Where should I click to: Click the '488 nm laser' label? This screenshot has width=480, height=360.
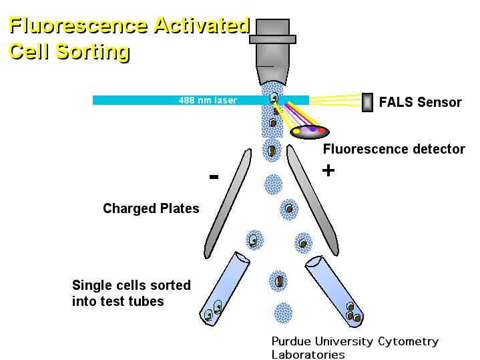click(208, 100)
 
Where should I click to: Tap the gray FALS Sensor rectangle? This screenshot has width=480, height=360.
click(367, 102)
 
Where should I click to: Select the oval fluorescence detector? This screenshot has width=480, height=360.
click(309, 132)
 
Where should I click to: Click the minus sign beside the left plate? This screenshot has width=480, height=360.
click(214, 176)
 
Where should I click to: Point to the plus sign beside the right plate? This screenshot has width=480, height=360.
click(328, 170)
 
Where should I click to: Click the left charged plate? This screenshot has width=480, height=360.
click(228, 204)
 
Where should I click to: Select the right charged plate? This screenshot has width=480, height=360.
click(312, 200)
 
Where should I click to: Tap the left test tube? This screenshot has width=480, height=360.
click(225, 289)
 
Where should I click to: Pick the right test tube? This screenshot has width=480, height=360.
click(334, 289)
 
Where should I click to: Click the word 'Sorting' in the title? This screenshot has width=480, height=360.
click(92, 51)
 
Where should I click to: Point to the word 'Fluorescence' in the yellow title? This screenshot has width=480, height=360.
click(78, 25)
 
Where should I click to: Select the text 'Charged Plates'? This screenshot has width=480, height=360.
click(151, 208)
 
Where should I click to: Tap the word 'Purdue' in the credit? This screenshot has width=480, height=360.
click(291, 341)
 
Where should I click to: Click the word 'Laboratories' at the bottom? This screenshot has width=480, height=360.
click(308, 355)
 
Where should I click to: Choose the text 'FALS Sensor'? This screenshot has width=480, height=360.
click(421, 102)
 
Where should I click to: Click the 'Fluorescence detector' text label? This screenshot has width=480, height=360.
click(394, 149)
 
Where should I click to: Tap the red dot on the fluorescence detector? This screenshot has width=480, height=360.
click(321, 130)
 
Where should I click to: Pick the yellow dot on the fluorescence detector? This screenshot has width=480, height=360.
click(296, 132)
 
